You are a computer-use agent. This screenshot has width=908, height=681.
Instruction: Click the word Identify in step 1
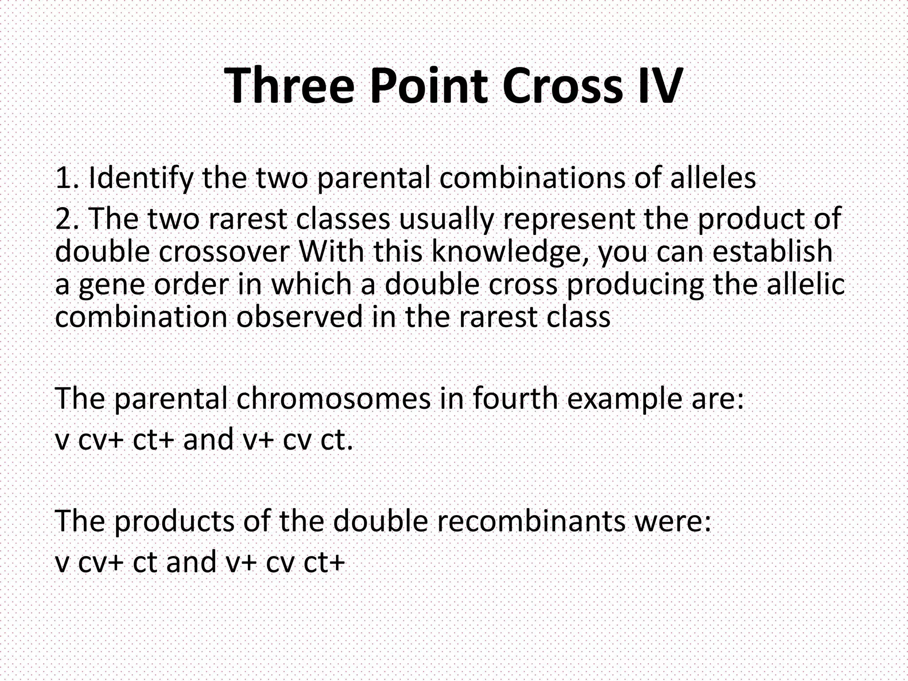(141, 178)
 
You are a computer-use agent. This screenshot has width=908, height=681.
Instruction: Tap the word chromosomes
(333, 398)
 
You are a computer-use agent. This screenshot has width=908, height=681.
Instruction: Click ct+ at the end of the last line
(324, 562)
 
